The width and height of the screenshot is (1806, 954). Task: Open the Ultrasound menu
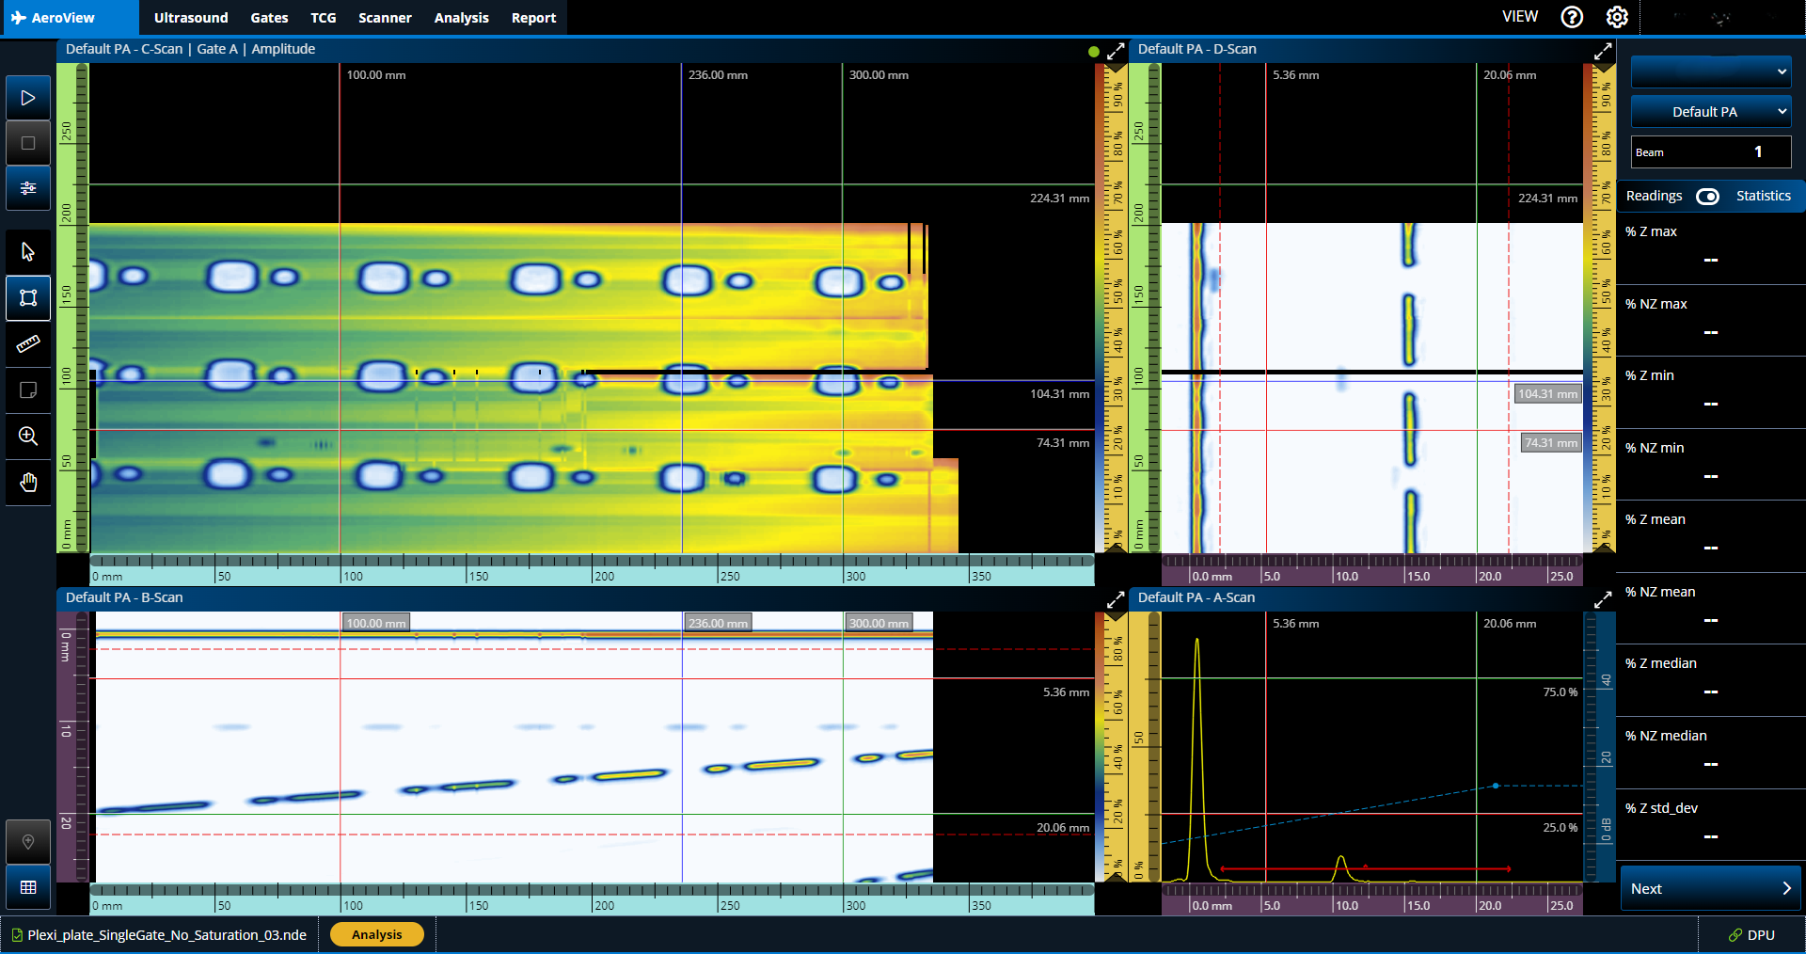pos(191,18)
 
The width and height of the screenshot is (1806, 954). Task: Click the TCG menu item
pos(324,18)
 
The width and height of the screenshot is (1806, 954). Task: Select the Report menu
pos(533,18)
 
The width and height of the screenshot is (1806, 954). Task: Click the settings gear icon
pos(1617,17)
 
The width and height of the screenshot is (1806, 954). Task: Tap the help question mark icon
pos(1572,17)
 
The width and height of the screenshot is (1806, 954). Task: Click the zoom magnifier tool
pos(28,437)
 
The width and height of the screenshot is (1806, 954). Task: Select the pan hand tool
pos(28,483)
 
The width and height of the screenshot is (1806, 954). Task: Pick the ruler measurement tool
pos(28,344)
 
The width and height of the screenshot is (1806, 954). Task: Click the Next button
pos(1710,888)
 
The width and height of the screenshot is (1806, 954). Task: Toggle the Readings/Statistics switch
pos(1707,196)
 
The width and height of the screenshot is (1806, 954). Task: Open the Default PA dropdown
pos(1710,112)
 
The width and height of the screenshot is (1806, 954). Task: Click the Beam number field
pos(1710,151)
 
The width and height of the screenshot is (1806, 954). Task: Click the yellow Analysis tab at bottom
pos(376,934)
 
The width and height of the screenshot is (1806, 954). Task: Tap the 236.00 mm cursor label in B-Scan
pos(718,623)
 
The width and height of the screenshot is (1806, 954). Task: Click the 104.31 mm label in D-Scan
pos(1547,394)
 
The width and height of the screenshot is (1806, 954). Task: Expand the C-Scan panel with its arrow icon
pos(1116,51)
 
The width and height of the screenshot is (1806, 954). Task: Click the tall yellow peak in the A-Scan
pos(1196,649)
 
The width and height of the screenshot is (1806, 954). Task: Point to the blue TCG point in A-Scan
pos(1496,785)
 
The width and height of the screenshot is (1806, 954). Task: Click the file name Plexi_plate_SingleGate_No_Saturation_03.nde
pos(166,935)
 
